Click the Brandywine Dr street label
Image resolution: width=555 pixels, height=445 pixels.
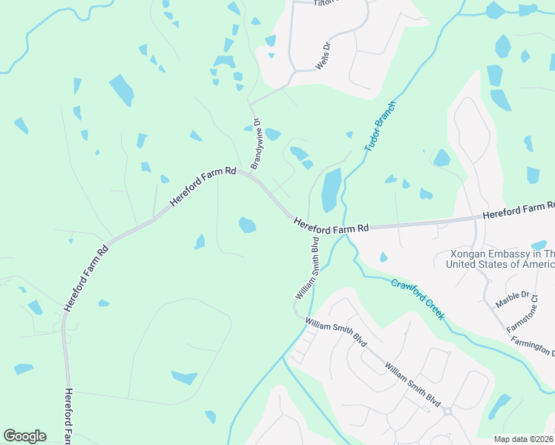click(x=255, y=144)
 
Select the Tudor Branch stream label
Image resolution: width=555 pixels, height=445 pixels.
click(x=381, y=127)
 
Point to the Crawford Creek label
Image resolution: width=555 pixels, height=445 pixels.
click(x=418, y=299)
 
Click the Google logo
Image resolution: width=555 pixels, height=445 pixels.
click(x=24, y=436)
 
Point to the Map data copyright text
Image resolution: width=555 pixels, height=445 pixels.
click(x=522, y=439)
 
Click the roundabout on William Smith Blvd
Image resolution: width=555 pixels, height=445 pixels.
click(x=447, y=412)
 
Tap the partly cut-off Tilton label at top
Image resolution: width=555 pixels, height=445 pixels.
click(x=325, y=3)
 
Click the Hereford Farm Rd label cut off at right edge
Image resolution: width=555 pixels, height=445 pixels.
click(x=519, y=210)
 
